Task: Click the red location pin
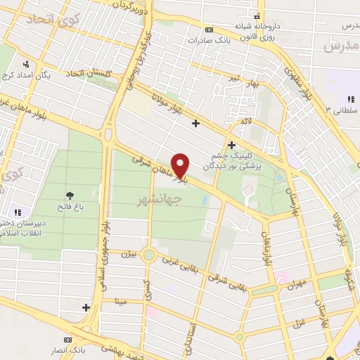[x=181, y=165]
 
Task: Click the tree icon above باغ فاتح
[x=70, y=195]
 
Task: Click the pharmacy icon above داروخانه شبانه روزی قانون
[x=258, y=16]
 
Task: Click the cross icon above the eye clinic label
[x=231, y=146]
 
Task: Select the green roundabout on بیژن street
[x=148, y=255]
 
